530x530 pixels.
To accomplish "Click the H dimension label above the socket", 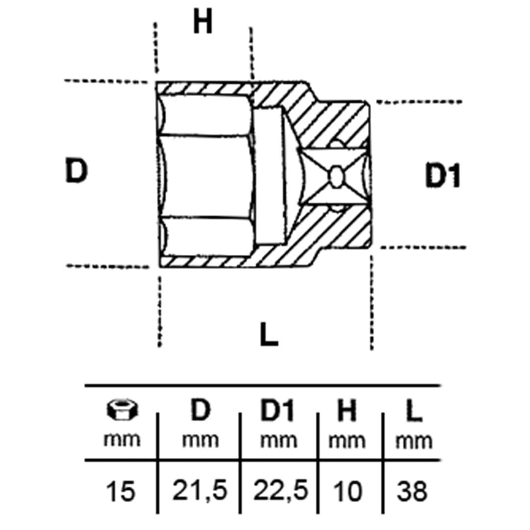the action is pyautogui.click(x=203, y=21).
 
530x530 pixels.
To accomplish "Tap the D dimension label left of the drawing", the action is pyautogui.click(x=76, y=170).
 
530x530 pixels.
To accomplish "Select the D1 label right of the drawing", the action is pyautogui.click(x=443, y=175).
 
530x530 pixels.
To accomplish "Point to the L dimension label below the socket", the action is pyautogui.click(x=269, y=334).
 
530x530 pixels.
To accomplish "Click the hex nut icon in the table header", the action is pyautogui.click(x=122, y=410).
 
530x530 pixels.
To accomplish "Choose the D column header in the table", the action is pyautogui.click(x=200, y=410).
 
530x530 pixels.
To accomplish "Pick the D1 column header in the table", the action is pyautogui.click(x=277, y=410).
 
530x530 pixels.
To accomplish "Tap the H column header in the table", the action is pyautogui.click(x=347, y=411).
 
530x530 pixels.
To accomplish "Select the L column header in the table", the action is pyautogui.click(x=414, y=411).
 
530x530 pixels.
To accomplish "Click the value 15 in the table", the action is pyautogui.click(x=120, y=491).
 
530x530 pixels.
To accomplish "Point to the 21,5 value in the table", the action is pyautogui.click(x=199, y=490).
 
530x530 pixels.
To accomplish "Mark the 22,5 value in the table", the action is pyautogui.click(x=281, y=490).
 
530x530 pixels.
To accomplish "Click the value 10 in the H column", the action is pyautogui.click(x=347, y=491).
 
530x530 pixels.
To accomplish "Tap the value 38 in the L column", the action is pyautogui.click(x=412, y=491).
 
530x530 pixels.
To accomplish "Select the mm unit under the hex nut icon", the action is pyautogui.click(x=122, y=440).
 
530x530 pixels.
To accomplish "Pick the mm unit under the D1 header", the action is pyautogui.click(x=279, y=440).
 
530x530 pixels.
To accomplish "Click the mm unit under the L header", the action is pyautogui.click(x=414, y=442).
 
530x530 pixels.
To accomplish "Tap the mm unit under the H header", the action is pyautogui.click(x=347, y=441).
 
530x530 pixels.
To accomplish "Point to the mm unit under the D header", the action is pyautogui.click(x=200, y=440).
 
